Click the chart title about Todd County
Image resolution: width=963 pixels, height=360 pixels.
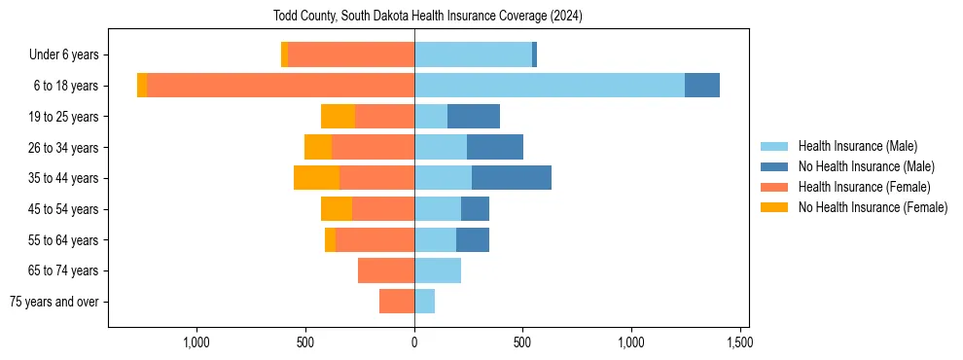coord(429,17)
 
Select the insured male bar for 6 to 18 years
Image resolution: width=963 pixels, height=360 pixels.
coord(550,86)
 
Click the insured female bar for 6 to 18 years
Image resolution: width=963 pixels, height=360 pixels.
coord(280,86)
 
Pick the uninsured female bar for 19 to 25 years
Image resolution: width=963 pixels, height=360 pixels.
coord(338,117)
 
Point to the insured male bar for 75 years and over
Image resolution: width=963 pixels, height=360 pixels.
coord(424,302)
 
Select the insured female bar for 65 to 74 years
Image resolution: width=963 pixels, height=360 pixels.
coord(386,270)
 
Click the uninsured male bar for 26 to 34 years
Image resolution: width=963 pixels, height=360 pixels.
coord(495,147)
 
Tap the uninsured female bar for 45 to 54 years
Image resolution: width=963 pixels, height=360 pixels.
coord(337,209)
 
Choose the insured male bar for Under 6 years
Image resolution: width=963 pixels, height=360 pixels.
coord(473,54)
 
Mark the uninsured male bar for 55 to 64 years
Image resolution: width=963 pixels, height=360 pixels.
coord(473,239)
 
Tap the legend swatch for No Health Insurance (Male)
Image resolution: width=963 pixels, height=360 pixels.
coord(774,166)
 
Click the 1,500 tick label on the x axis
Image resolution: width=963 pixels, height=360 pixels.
coord(739,342)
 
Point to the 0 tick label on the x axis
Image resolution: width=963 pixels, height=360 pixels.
coord(414,342)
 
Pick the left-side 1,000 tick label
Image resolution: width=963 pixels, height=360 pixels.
coord(196,342)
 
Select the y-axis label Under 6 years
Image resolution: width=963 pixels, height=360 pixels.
coord(64,55)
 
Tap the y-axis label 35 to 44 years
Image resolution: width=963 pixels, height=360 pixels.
coord(63,178)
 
